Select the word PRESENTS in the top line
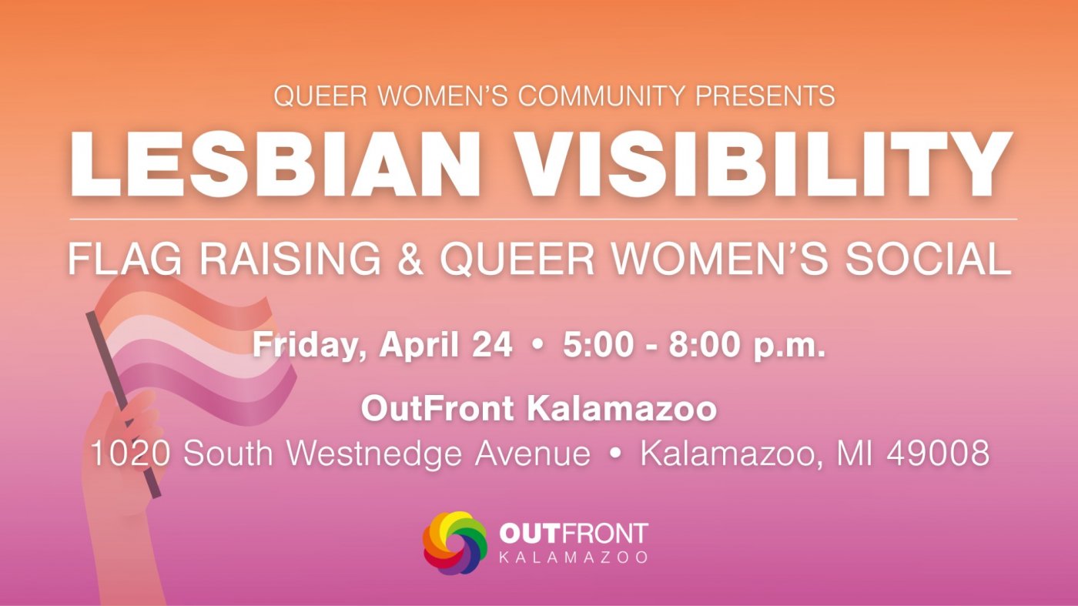click(765, 95)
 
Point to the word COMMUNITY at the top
click(601, 95)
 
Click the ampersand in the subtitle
click(410, 259)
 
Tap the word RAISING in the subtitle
click(290, 259)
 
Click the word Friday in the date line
click(309, 346)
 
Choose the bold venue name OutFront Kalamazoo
click(539, 408)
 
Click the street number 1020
click(130, 453)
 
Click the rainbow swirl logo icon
click(455, 543)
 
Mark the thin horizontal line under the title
click(544, 219)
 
